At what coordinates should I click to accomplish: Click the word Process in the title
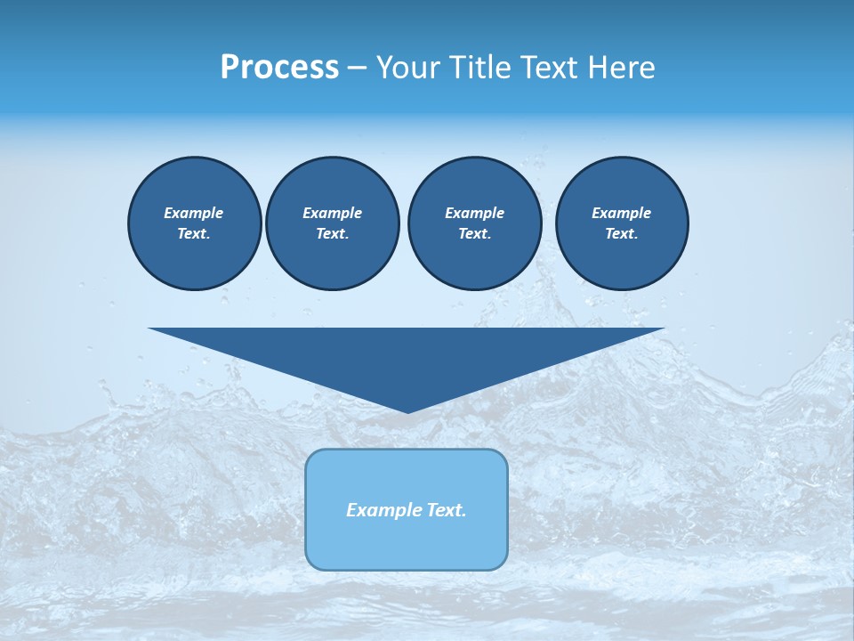pyautogui.click(x=279, y=68)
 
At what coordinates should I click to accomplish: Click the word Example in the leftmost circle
pyautogui.click(x=194, y=213)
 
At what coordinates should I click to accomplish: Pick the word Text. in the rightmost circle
pyautogui.click(x=621, y=233)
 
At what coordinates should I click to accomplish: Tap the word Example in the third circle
pyautogui.click(x=474, y=213)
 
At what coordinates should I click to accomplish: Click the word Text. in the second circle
pyautogui.click(x=332, y=233)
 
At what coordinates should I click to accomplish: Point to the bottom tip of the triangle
pyautogui.click(x=407, y=410)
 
